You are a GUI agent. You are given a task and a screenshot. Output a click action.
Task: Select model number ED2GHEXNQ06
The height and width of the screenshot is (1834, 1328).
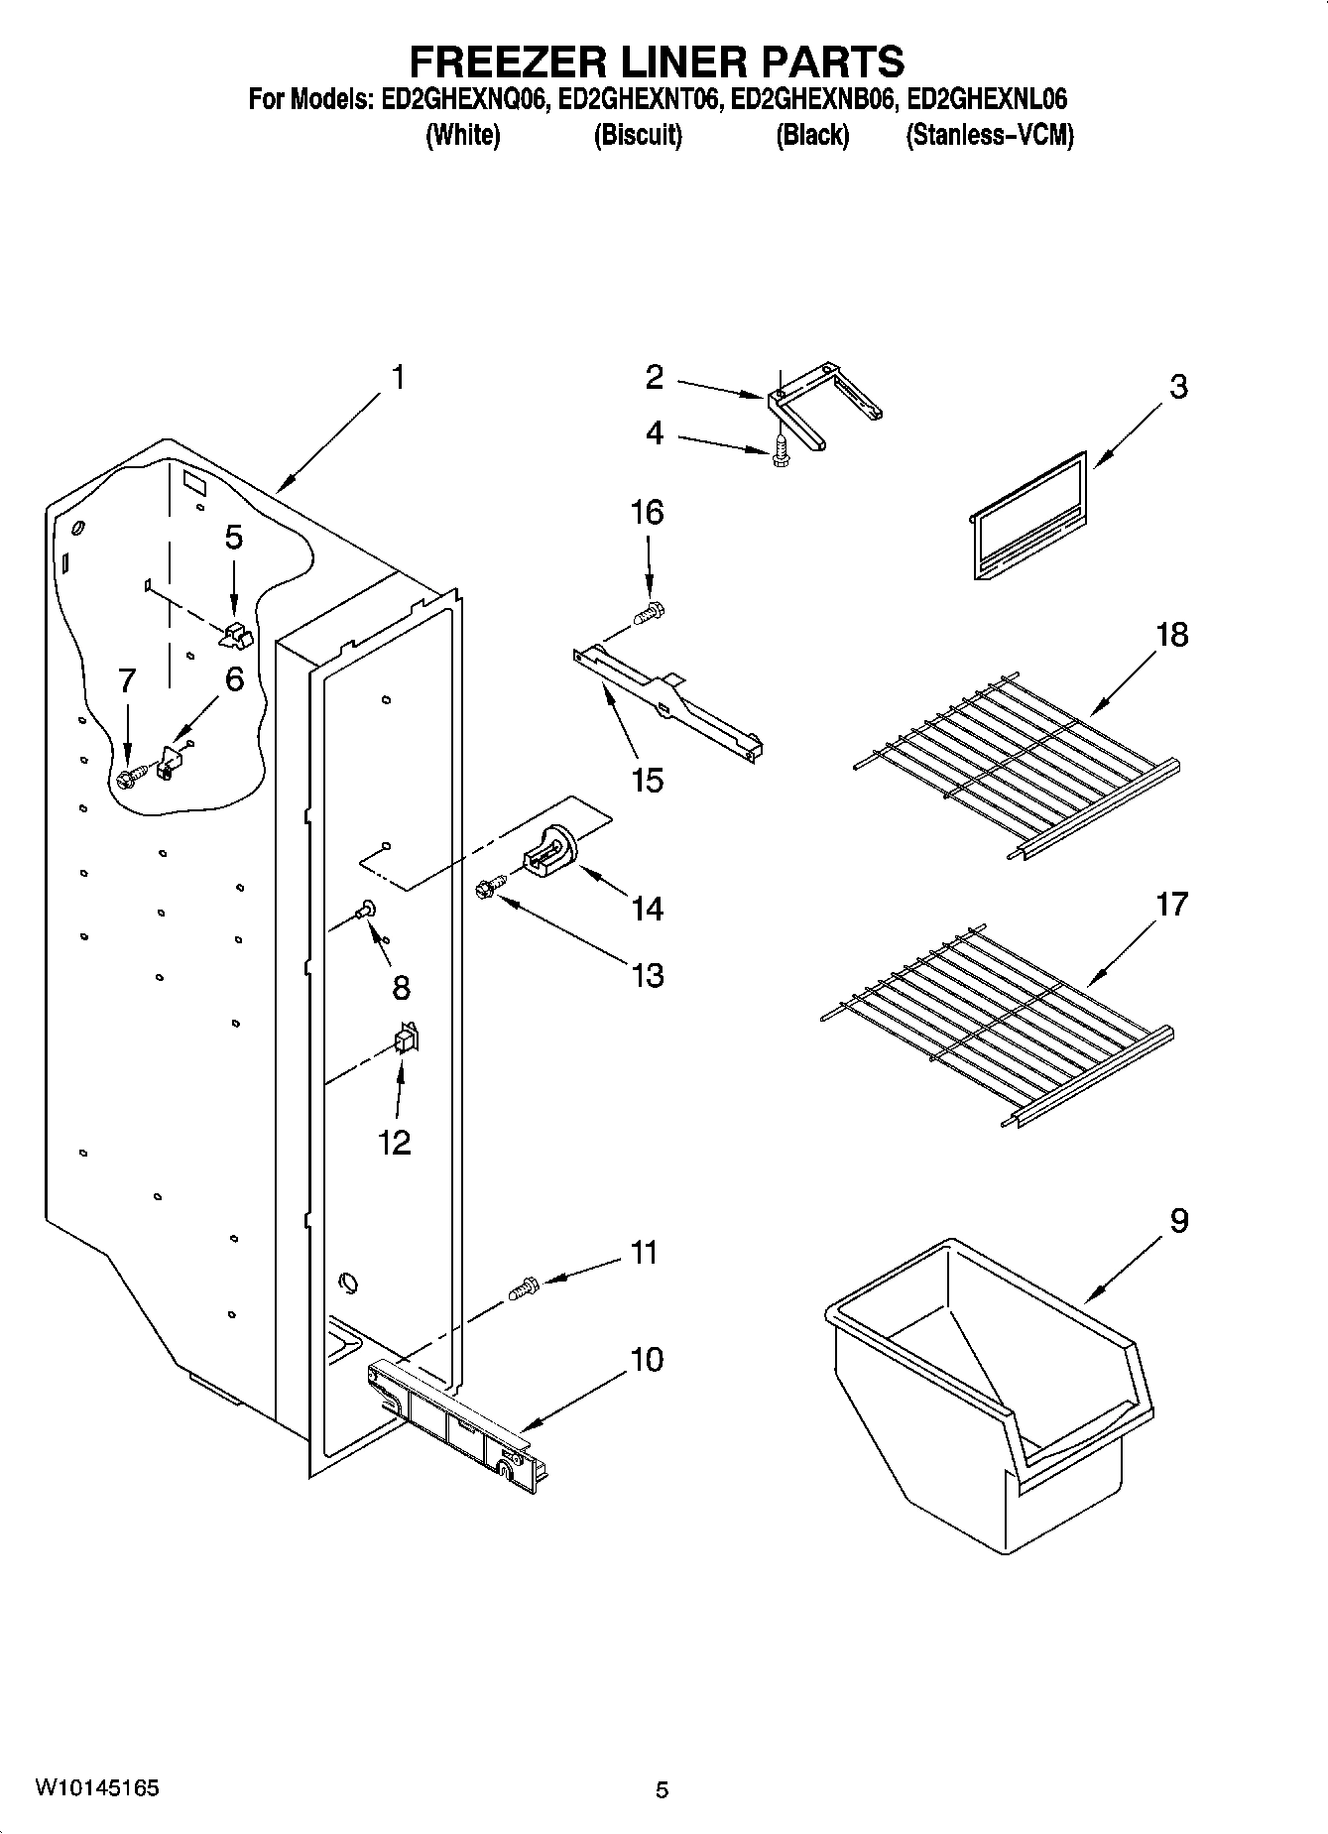click(462, 100)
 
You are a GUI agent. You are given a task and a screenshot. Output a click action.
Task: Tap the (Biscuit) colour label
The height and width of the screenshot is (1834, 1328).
click(638, 136)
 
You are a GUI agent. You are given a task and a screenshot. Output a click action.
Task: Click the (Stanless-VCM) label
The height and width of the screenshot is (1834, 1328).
click(989, 136)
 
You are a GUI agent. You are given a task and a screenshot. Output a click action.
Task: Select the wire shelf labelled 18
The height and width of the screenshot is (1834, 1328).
click(1012, 764)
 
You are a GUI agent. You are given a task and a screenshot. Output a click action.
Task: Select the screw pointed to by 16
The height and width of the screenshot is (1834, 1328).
click(650, 614)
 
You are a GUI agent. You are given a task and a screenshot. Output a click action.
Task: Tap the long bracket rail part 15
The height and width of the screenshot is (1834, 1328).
click(669, 694)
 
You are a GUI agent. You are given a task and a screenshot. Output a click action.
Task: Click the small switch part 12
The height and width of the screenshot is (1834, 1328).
click(407, 1039)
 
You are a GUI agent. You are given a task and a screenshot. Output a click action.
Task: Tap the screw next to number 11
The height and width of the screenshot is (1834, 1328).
click(523, 1288)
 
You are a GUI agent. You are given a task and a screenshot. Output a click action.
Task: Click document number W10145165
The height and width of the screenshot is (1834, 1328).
click(97, 1788)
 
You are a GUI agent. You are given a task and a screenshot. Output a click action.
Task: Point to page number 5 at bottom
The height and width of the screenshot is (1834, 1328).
click(662, 1789)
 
